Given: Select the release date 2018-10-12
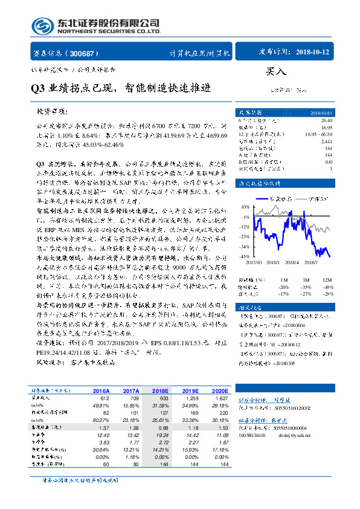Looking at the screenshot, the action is tap(314, 53).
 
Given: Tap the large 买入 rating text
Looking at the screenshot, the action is tap(275, 71).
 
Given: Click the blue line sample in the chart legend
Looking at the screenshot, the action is tap(260, 198).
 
